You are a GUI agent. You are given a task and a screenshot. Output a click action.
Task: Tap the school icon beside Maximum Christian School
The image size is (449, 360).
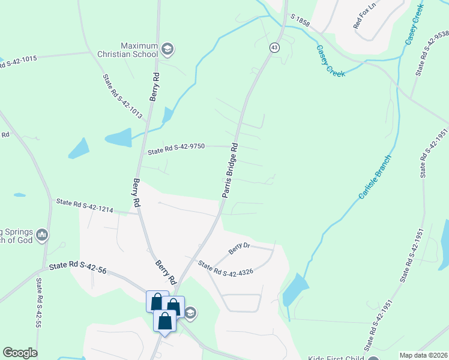point(168,49)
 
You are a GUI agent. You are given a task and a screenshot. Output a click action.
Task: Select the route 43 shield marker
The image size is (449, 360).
point(274,47)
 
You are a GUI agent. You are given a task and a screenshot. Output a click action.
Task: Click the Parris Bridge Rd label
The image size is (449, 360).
point(229,170)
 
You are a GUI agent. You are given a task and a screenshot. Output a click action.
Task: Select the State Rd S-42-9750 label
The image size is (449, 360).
point(176,148)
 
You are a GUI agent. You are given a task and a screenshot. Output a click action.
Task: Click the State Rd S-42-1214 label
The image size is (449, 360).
point(85,205)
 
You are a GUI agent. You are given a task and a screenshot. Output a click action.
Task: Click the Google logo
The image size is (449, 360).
point(20,353)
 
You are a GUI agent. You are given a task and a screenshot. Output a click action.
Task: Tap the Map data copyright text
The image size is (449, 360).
point(423,355)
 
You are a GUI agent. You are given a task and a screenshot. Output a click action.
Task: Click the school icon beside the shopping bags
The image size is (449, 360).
point(191,312)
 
